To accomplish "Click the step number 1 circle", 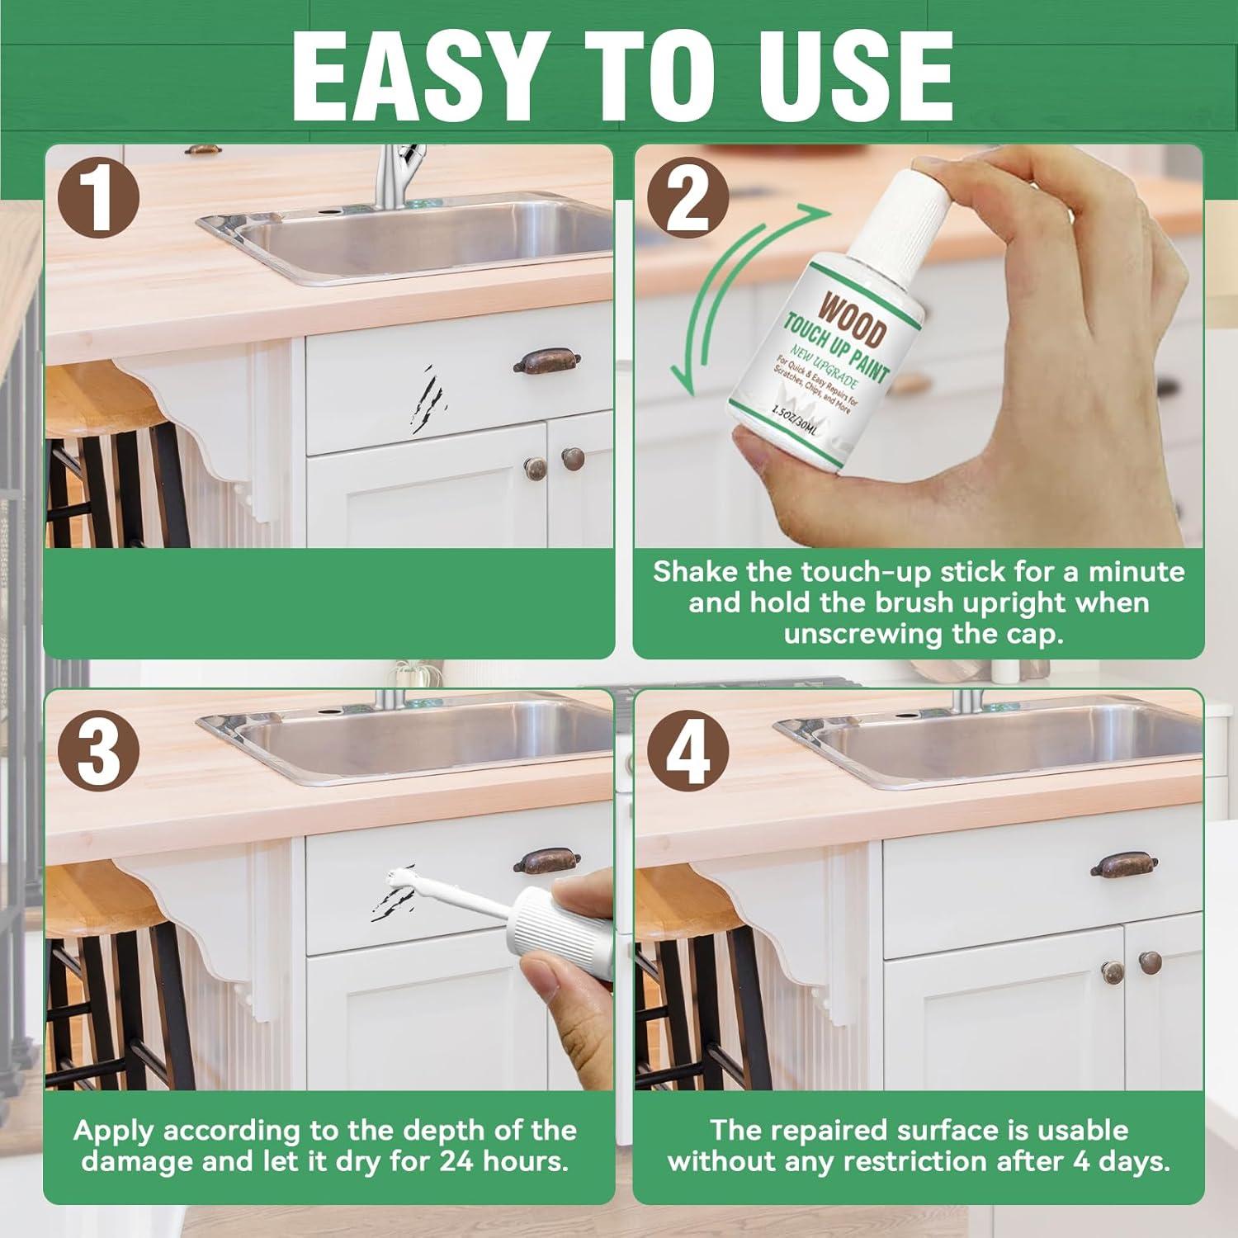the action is tap(99, 198).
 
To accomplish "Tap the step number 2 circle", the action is tap(688, 198).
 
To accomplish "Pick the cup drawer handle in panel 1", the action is tap(546, 361).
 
